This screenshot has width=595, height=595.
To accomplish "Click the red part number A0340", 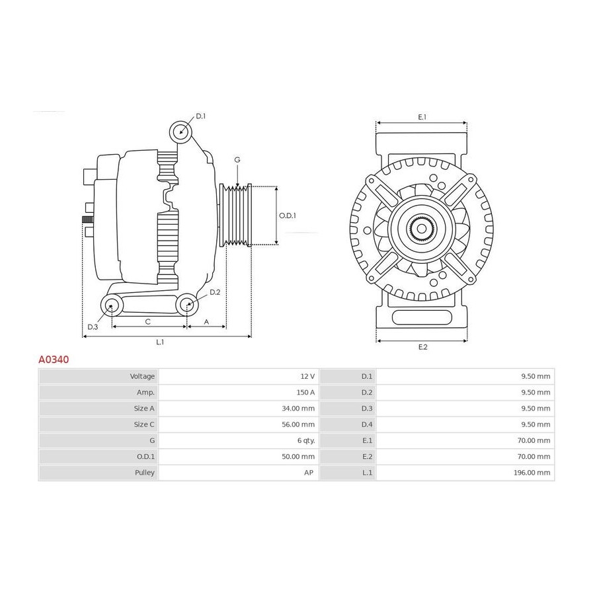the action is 54,360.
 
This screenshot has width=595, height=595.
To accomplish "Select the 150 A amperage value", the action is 305,392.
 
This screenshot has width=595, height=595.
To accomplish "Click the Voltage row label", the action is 142,376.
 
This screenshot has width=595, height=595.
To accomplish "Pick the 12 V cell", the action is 307,376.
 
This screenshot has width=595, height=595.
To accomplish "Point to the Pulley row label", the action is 145,473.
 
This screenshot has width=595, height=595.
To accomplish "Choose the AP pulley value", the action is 309,473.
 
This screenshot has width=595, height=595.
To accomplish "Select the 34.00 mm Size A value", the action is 298,409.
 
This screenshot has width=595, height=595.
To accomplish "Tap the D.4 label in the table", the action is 366,424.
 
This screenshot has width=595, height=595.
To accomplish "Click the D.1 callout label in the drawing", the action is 201,116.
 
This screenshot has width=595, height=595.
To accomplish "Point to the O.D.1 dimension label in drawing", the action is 288,216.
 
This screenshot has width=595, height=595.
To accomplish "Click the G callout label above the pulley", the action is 237,160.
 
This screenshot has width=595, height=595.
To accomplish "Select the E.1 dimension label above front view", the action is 422,117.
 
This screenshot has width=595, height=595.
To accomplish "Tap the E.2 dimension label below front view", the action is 422,347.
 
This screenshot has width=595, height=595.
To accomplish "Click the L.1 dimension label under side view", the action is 160,342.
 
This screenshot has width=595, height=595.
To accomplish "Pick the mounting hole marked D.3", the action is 112,305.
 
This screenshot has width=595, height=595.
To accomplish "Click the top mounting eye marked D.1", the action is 181,132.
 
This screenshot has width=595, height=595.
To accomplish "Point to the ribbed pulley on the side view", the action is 235,215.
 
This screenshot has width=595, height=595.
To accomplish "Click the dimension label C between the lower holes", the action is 148,322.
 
